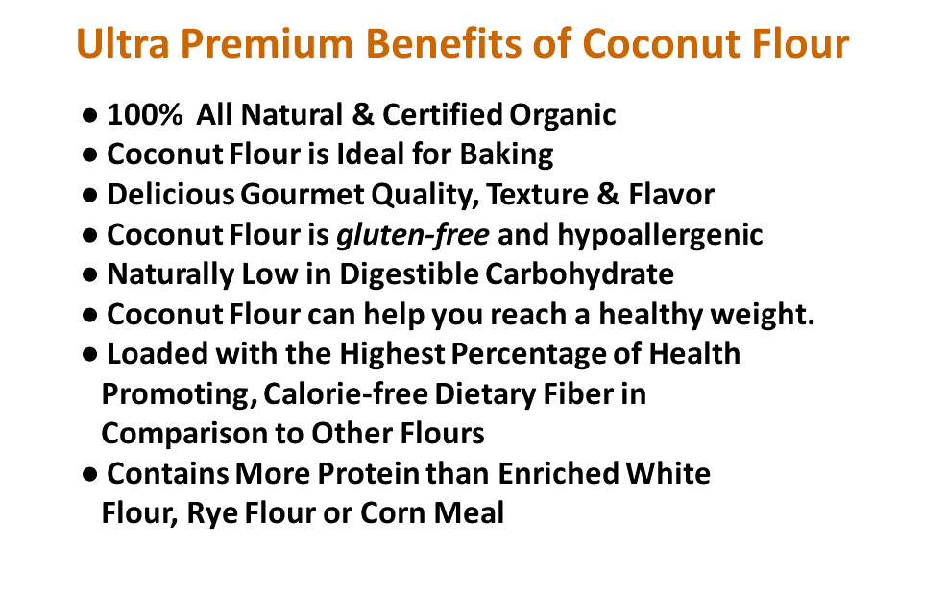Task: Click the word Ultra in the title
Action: click(123, 43)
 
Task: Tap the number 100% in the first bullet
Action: click(145, 115)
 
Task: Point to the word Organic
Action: click(562, 116)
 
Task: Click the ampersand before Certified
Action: click(362, 115)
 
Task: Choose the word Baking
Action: click(506, 155)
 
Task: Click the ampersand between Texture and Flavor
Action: click(608, 195)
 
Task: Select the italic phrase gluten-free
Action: click(413, 235)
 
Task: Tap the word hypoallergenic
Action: click(660, 235)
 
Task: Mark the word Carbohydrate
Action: click(579, 274)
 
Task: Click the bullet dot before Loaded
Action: click(89, 355)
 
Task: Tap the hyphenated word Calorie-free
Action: click(346, 394)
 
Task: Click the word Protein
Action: click(369, 474)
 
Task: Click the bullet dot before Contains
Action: click(89, 474)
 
